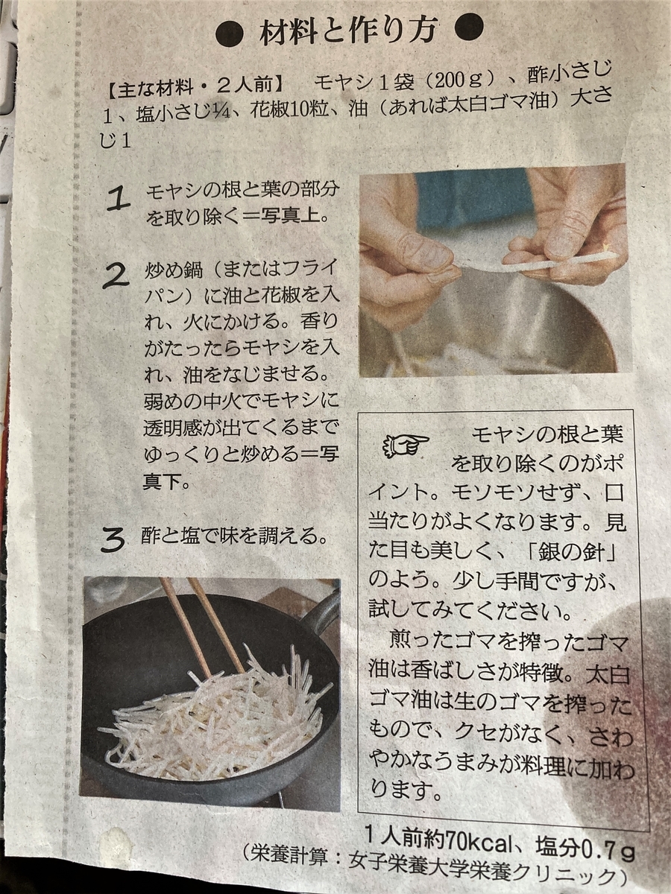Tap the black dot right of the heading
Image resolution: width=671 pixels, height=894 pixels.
[x=469, y=28]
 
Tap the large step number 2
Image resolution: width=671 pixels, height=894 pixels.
[x=116, y=276]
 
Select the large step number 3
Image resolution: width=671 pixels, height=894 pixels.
[x=113, y=539]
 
